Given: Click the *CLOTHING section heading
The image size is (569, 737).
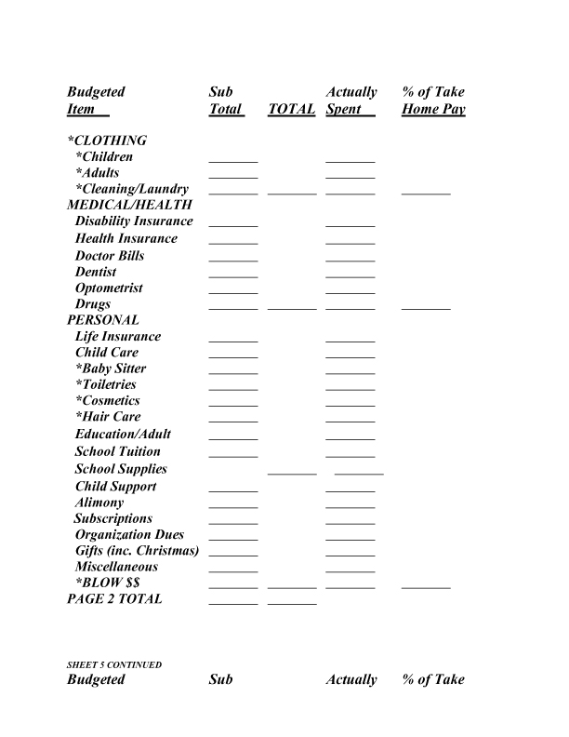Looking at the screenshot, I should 107,141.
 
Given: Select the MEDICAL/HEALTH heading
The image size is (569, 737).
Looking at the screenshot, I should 130,205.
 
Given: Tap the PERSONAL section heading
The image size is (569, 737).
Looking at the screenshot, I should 103,320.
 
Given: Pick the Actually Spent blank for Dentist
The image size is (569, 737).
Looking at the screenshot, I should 351,275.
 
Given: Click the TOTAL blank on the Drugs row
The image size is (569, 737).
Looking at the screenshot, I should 292,306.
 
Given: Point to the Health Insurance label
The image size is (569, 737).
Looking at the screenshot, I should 126,238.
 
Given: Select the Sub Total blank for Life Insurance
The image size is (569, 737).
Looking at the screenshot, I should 233,339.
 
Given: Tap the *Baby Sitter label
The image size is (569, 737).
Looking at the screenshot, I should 111,368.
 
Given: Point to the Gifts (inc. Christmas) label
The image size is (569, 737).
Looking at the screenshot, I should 138,551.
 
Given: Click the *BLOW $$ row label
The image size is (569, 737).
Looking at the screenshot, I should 107,583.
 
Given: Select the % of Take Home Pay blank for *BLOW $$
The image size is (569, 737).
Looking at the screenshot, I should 426,586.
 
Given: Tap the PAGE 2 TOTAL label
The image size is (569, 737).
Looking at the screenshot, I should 114,599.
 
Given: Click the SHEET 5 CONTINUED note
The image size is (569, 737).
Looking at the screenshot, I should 114,665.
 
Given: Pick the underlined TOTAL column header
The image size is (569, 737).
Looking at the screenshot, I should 291,110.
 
